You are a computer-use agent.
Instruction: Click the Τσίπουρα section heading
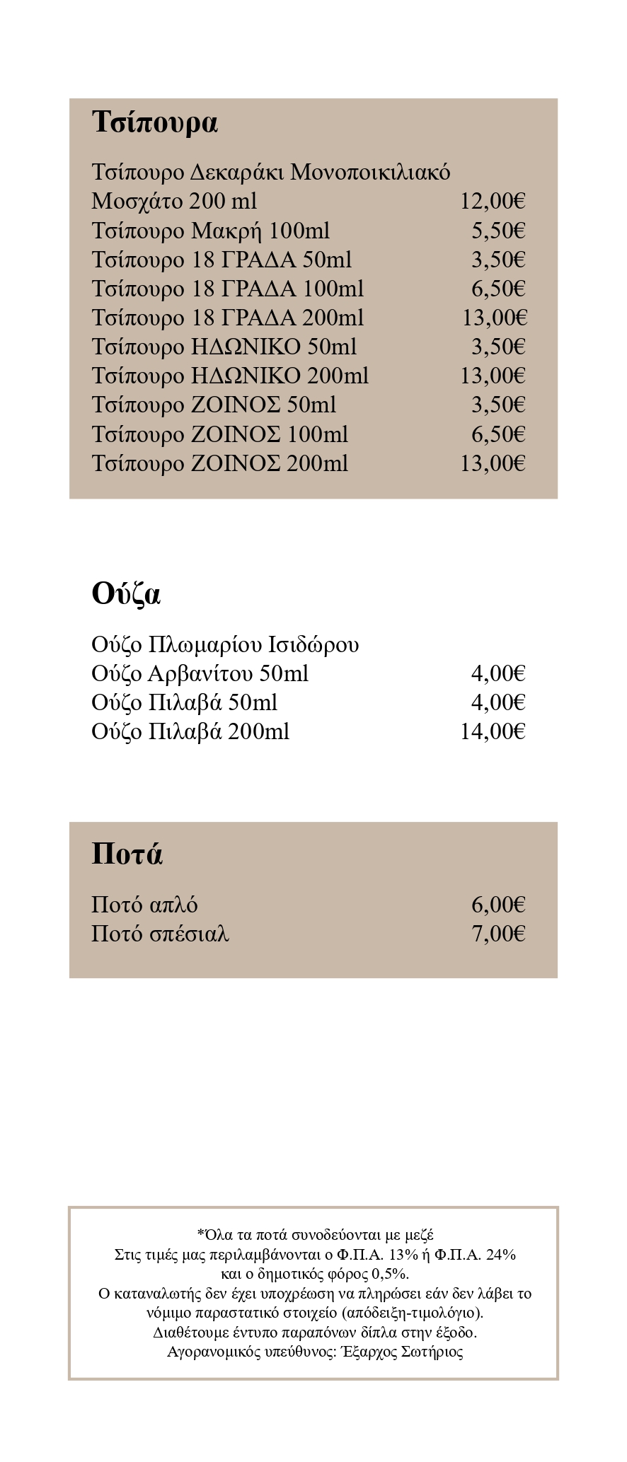tap(154, 122)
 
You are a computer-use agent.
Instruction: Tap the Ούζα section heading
tap(126, 593)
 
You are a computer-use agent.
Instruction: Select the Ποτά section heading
tap(127, 854)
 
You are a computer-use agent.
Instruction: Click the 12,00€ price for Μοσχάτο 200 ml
tap(493, 202)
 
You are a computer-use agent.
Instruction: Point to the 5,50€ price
tap(498, 231)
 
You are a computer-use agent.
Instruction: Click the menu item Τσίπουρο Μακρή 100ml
tap(210, 231)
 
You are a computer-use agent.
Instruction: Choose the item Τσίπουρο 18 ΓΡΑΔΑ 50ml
tap(221, 260)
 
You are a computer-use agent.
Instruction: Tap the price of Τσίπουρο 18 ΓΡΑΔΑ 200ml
tap(495, 318)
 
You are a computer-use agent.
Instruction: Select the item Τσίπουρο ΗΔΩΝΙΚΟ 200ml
tap(230, 376)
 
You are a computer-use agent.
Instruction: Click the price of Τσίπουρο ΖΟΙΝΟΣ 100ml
tap(498, 434)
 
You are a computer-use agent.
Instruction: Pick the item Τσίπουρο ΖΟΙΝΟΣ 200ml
tap(219, 463)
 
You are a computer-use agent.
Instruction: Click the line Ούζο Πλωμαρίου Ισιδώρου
tap(225, 644)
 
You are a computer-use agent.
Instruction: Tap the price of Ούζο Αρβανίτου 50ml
tap(498, 673)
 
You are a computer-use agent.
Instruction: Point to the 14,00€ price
tap(493, 731)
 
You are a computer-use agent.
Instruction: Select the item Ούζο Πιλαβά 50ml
tap(184, 702)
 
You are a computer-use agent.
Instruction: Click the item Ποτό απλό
tap(144, 905)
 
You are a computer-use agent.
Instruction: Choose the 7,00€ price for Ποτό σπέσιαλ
tap(498, 934)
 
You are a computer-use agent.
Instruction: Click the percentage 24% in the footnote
tap(501, 1255)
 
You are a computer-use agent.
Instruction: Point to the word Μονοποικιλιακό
tap(370, 173)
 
